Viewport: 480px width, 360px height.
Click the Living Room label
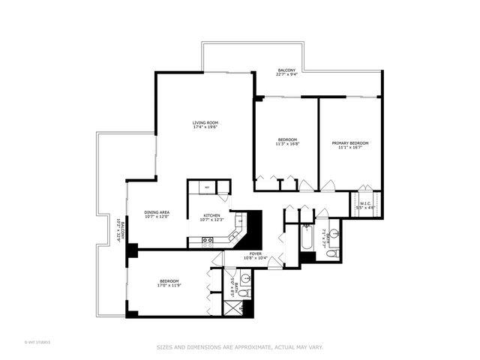pos(205,122)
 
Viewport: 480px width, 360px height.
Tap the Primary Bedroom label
pos(350,142)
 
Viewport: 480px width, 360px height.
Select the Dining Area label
pos(157,212)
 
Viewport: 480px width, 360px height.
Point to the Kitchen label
pos(210,216)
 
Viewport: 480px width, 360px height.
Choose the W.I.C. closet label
pos(366,202)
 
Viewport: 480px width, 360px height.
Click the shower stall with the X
pos(241,307)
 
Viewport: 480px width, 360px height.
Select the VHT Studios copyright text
pos(37,343)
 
